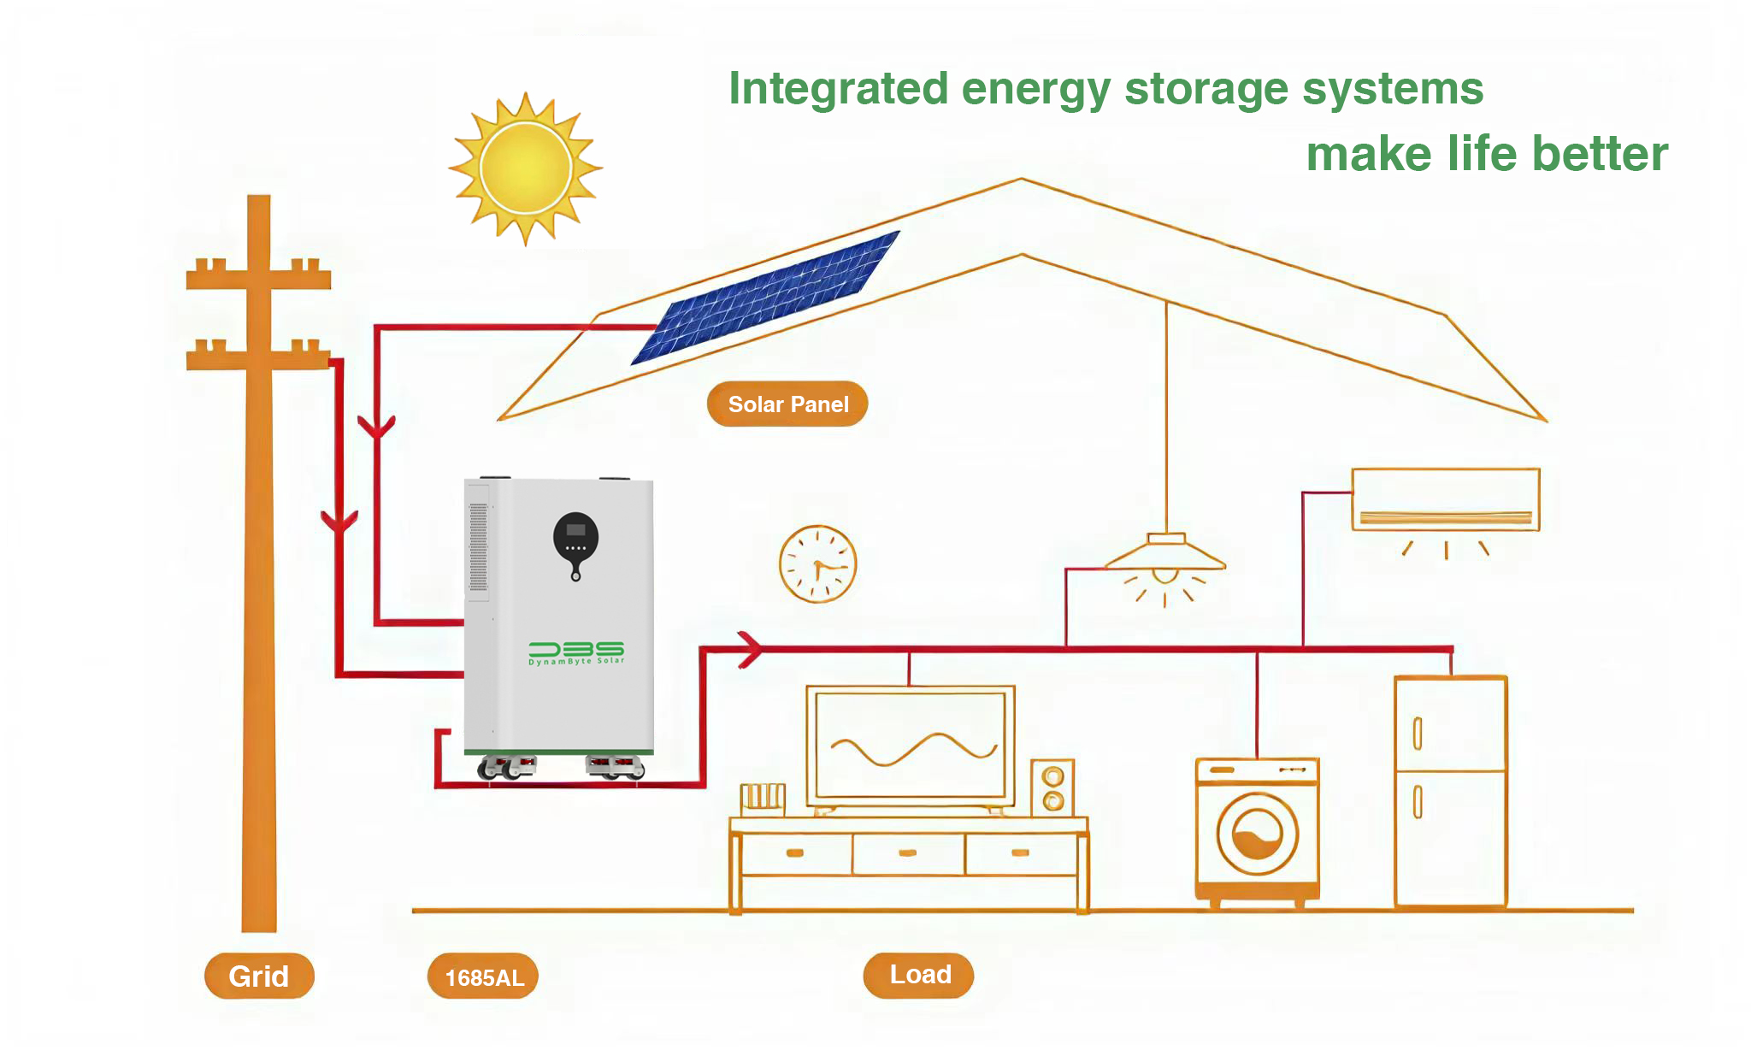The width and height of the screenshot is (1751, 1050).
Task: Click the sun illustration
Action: [x=525, y=168]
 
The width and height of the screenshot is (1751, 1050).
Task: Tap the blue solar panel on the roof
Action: [x=764, y=297]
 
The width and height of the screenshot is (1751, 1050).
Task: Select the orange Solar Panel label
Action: [x=787, y=404]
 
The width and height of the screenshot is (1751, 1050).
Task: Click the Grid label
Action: [x=259, y=976]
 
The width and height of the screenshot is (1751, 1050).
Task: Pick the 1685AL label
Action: [x=483, y=976]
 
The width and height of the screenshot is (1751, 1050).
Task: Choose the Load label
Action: [x=919, y=975]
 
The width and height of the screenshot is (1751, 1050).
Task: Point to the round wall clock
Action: [x=817, y=564]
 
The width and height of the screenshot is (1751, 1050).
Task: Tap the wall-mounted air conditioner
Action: [x=1445, y=500]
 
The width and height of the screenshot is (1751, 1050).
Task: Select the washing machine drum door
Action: [x=1257, y=835]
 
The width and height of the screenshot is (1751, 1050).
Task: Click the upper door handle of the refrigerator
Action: [x=1417, y=733]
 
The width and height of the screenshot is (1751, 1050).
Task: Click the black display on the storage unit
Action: [x=575, y=535]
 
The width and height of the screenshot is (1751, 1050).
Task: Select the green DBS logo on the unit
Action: [x=576, y=652]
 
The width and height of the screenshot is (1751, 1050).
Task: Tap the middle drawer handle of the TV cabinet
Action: [x=908, y=852]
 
